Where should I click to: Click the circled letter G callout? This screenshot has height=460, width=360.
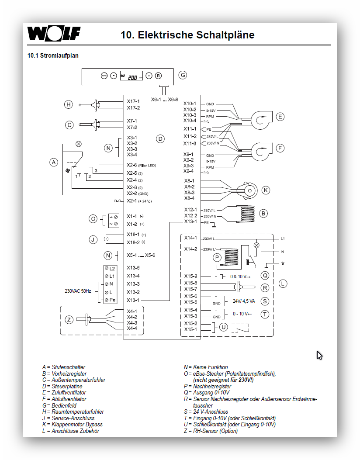(183, 75)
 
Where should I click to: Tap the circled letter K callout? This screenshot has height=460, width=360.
(266, 190)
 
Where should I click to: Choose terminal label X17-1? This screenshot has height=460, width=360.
(133, 101)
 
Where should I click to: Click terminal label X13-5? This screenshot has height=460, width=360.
(133, 268)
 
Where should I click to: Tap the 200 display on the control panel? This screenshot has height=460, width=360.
(132, 77)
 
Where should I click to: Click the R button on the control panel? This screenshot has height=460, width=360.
(158, 76)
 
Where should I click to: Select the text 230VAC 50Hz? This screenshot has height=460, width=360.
(78, 291)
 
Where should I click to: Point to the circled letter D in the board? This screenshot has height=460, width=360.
(160, 139)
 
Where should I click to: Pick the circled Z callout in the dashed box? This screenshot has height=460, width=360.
(69, 320)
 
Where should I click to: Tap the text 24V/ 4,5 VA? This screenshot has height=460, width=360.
(244, 301)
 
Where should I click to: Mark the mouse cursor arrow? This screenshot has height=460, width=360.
(319, 355)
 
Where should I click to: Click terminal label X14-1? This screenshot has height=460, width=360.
(190, 238)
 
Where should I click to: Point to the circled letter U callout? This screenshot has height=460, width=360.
(223, 326)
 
